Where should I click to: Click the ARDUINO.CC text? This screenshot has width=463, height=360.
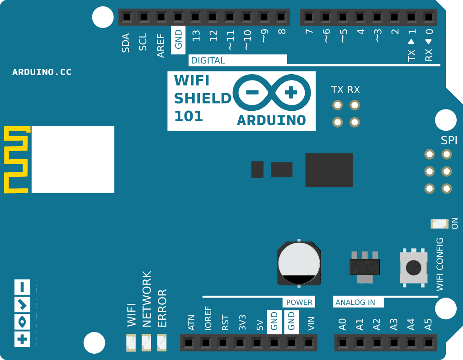click(42, 72)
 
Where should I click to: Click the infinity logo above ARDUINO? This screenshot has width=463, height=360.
click(272, 94)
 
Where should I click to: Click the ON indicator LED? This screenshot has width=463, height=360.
click(439, 223)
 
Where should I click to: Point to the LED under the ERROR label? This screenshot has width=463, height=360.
click(162, 343)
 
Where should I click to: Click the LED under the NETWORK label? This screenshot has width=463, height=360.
click(146, 343)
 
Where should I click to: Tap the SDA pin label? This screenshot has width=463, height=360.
click(126, 43)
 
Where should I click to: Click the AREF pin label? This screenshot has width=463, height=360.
click(161, 45)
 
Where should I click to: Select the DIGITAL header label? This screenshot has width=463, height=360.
click(208, 61)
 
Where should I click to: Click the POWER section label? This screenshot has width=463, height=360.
click(299, 302)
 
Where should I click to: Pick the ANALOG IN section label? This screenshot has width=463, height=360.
click(355, 302)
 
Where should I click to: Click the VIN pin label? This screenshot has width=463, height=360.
click(311, 324)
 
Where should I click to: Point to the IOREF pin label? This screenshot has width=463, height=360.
click(208, 319)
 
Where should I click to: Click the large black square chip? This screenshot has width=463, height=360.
click(329, 170)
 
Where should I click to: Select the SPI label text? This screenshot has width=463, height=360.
click(449, 141)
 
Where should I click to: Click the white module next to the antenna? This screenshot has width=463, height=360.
click(73, 160)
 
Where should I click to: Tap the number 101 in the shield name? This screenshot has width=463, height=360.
click(189, 116)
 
